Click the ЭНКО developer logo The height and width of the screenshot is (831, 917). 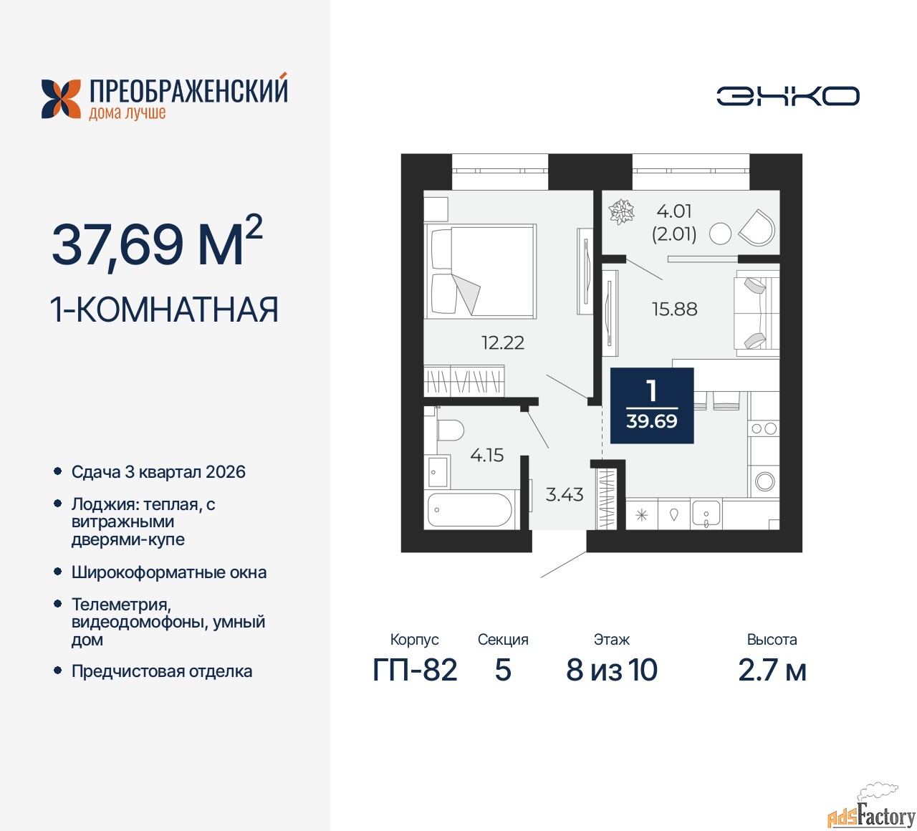[x=787, y=96]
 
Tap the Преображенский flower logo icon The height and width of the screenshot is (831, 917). [x=61, y=99]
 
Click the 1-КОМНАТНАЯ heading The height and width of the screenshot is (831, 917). [x=164, y=310]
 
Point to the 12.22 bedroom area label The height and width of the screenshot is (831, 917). [x=502, y=342]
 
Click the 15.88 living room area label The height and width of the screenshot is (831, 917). [x=674, y=309]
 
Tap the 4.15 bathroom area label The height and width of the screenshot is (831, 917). [x=486, y=455]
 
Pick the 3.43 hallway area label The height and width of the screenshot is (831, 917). [x=565, y=494]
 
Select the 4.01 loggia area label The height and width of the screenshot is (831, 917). [x=674, y=211]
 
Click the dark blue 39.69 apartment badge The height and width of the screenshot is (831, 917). [x=652, y=405]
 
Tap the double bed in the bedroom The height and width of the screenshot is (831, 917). [x=481, y=271]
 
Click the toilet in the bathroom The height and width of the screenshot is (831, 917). [x=449, y=431]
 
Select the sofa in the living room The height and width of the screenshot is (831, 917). [x=756, y=313]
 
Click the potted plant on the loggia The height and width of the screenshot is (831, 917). [x=621, y=212]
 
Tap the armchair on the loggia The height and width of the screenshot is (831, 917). [x=757, y=227]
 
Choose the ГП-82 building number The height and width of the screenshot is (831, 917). [x=415, y=670]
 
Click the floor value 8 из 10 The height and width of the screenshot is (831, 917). [x=611, y=670]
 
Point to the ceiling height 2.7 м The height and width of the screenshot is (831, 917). [x=772, y=670]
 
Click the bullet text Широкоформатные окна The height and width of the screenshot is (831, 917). [x=169, y=572]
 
